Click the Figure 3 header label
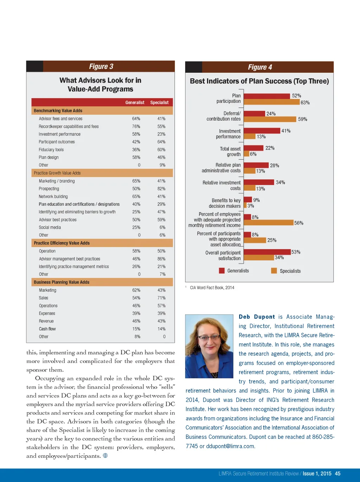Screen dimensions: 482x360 pyautogui.click(x=101, y=66)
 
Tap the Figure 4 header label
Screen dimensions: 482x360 pyautogui.click(x=260, y=67)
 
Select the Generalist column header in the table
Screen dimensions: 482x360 pyautogui.click(x=135, y=102)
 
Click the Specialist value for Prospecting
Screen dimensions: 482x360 pyautogui.click(x=161, y=189)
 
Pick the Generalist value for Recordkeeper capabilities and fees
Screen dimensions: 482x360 pyautogui.click(x=136, y=126)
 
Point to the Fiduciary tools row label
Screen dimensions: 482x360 pyautogui.click(x=51, y=150)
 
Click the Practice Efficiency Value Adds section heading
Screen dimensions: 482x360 pyautogui.click(x=62, y=243)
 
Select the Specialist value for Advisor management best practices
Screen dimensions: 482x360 pyautogui.click(x=161, y=259)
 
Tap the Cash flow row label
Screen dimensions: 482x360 pyautogui.click(x=47, y=329)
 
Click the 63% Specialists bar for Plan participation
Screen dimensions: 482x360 pyautogui.click(x=271, y=102)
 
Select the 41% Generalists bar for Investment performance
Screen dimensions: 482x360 pyautogui.click(x=262, y=131)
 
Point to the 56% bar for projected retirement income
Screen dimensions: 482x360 pyautogui.click(x=268, y=223)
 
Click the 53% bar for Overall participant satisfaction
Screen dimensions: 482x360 pyautogui.click(x=267, y=252)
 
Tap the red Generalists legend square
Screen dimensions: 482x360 pyautogui.click(x=222, y=271)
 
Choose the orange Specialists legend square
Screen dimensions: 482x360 pyautogui.click(x=274, y=271)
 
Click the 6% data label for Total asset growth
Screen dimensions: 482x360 pyautogui.click(x=253, y=154)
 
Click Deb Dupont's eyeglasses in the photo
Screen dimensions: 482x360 pyautogui.click(x=210, y=338)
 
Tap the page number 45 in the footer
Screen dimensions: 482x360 pyautogui.click(x=337, y=474)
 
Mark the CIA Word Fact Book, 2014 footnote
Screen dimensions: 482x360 pyautogui.click(x=212, y=288)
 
